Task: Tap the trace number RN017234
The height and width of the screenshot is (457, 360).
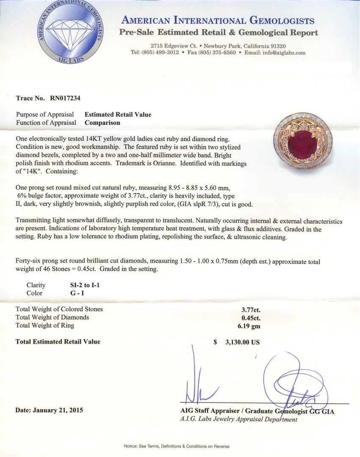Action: pyautogui.click(x=65, y=98)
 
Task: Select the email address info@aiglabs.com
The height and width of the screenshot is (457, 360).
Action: pyautogui.click(x=284, y=53)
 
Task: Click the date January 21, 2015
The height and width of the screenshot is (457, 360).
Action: pyautogui.click(x=49, y=410)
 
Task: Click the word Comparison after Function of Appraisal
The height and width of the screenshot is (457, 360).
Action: pyautogui.click(x=102, y=123)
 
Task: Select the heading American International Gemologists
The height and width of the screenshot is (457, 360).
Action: pyautogui.click(x=218, y=20)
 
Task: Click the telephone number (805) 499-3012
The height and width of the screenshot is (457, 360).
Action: pyautogui.click(x=160, y=53)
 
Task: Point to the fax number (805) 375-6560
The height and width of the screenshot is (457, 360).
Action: pyautogui.click(x=217, y=53)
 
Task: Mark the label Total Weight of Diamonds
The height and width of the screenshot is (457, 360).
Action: pyautogui.click(x=52, y=317)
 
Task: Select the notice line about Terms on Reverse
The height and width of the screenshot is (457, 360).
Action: pyautogui.click(x=177, y=446)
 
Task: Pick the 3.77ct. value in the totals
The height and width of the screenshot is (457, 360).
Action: pyautogui.click(x=251, y=309)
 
